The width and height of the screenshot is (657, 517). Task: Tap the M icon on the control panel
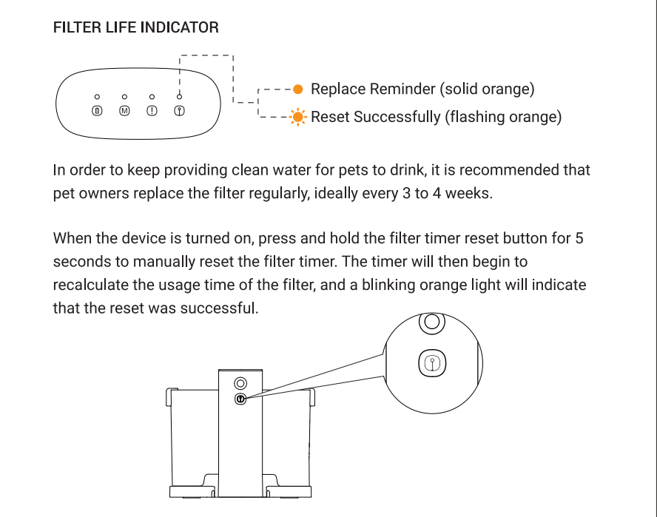(x=124, y=111)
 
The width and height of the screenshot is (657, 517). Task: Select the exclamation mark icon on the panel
(x=152, y=111)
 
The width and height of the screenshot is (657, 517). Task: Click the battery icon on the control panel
(x=97, y=111)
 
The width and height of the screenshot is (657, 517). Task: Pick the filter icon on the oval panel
(x=179, y=111)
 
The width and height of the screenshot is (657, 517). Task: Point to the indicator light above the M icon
(x=124, y=97)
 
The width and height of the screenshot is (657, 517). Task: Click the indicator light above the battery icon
(x=97, y=97)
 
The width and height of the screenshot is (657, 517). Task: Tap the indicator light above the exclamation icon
(x=152, y=97)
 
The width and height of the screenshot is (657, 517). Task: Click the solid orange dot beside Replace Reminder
(x=297, y=89)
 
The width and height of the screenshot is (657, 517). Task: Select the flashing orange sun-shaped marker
(x=297, y=117)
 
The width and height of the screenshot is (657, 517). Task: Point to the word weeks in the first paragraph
(x=467, y=195)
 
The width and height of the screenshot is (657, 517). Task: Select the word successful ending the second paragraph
(x=221, y=308)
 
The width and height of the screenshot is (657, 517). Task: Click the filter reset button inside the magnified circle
(x=433, y=363)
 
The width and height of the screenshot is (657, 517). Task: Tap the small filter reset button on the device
(x=240, y=399)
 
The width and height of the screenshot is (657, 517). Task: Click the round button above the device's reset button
(x=240, y=383)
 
